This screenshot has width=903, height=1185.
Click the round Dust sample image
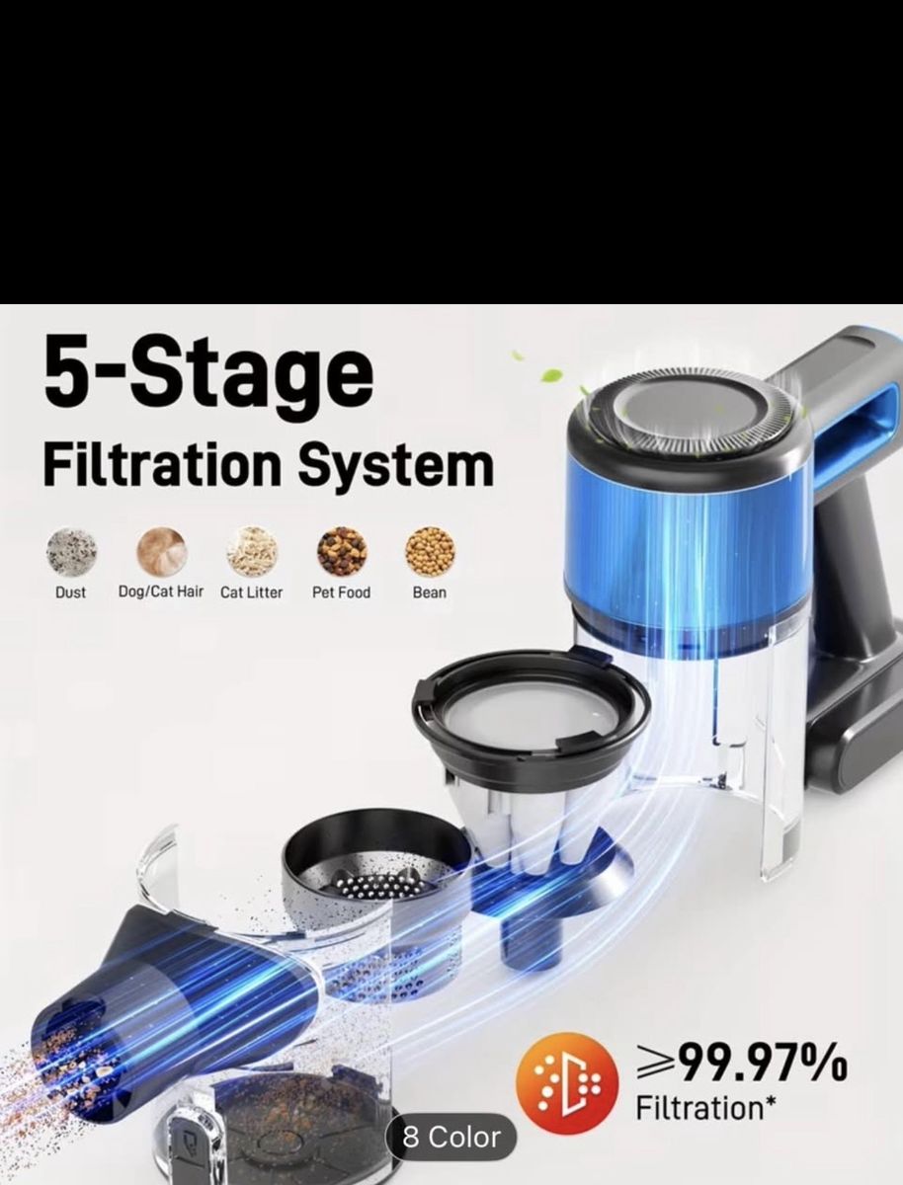point(71,551)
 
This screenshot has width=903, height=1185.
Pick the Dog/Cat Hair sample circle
point(161,551)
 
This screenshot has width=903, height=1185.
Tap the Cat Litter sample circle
point(252,551)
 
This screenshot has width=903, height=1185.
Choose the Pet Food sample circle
point(341,551)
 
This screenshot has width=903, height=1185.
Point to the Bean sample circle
point(431,551)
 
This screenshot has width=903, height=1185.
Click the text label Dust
point(71,592)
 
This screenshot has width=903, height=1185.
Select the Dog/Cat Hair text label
point(161,592)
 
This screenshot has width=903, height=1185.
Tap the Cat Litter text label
point(252,592)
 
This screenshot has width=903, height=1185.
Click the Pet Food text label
point(341,592)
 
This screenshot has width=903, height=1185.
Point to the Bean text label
point(430,592)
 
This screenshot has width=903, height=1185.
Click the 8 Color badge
point(451,1137)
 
